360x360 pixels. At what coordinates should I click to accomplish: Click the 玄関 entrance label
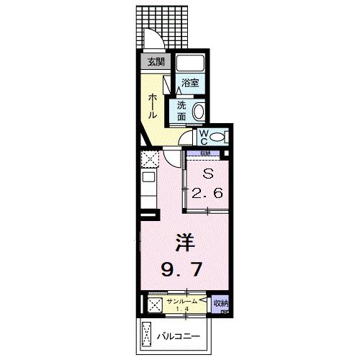tap(156, 62)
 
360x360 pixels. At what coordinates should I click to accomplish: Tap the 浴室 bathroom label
tap(189, 83)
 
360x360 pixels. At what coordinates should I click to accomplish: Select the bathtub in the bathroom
tap(191, 64)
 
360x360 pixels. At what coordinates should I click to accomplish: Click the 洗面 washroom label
tap(181, 110)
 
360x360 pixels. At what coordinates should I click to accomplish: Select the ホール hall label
tap(154, 107)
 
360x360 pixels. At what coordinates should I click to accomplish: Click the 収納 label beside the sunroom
tap(221, 304)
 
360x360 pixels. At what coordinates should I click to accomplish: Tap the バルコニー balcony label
tap(179, 336)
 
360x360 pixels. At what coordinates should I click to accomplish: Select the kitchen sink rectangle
tap(148, 178)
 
